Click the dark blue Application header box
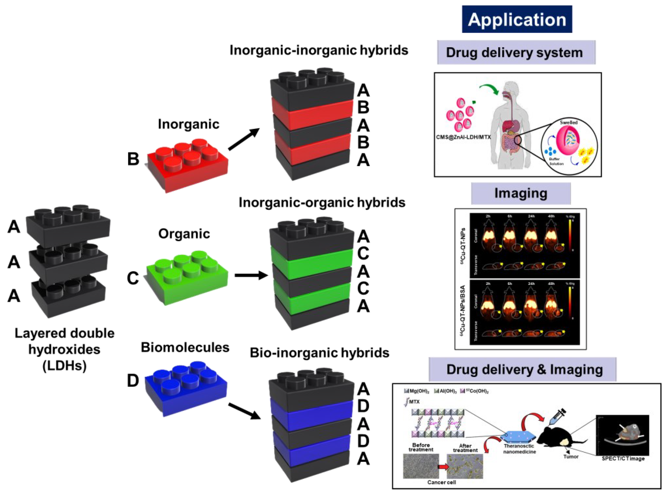point(517,19)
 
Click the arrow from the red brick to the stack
point(244,139)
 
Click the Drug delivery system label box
point(516,53)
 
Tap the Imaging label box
point(521,194)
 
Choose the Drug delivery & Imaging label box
point(522,369)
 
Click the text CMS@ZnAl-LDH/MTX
point(463,137)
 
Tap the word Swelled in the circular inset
point(568,122)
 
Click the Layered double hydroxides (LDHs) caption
point(64,349)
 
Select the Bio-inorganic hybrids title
point(320,353)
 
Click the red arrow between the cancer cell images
point(443,467)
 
